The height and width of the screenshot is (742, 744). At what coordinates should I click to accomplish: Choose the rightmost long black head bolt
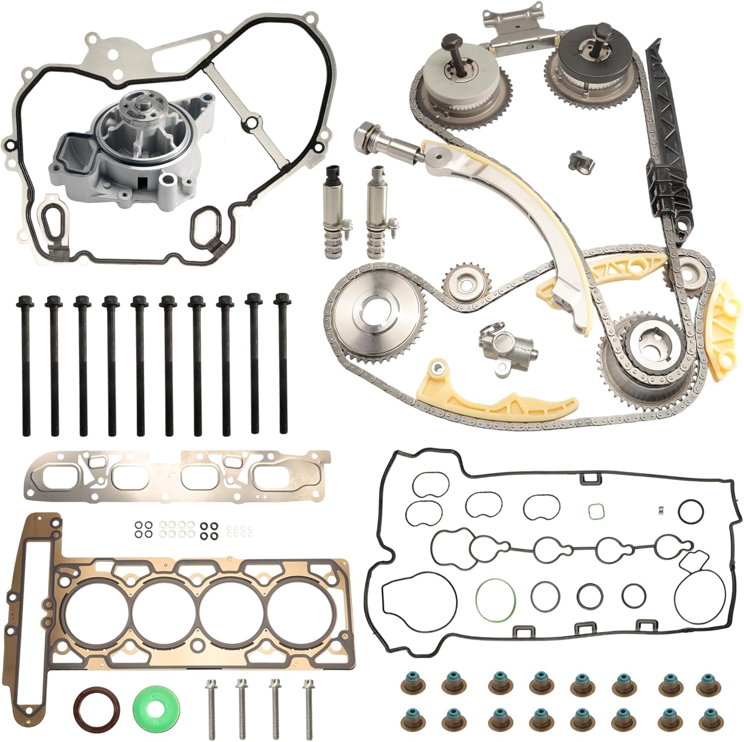pos(283,362)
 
